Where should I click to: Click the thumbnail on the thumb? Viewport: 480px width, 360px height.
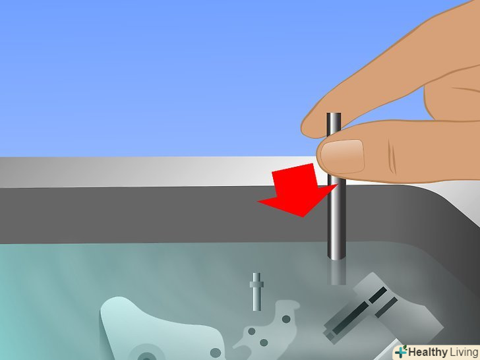(343, 156)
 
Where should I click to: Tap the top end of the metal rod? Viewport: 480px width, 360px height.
(334, 114)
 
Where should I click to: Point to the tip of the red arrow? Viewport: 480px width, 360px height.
(303, 216)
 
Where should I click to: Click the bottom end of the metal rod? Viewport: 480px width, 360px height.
(336, 258)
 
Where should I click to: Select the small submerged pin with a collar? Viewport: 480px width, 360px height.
(256, 291)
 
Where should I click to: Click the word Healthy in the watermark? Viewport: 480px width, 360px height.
(428, 351)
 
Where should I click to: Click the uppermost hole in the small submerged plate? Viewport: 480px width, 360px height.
(286, 319)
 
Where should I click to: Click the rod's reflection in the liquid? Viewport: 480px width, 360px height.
(336, 272)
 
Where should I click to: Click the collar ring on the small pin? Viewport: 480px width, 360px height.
(256, 285)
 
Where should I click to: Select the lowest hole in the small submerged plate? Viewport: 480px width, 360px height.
(263, 343)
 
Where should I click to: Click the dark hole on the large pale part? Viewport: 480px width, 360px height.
(216, 353)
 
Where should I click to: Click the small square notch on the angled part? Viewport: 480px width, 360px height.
(330, 334)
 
